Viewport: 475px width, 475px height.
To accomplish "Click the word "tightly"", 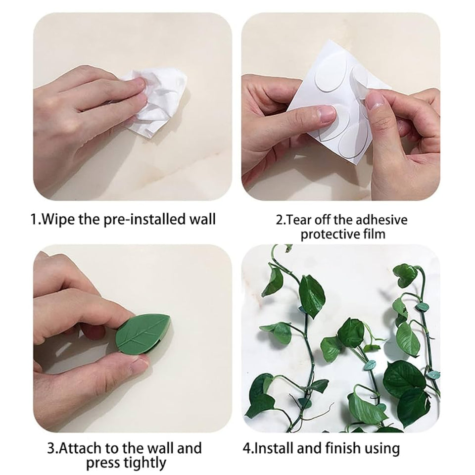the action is [145, 464].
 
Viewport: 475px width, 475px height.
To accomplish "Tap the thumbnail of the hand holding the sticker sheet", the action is [341, 106].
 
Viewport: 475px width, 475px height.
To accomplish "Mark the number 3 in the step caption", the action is [51, 448].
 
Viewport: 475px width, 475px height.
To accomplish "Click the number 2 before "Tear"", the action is [279, 220].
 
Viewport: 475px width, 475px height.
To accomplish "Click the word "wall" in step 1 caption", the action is [202, 219].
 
